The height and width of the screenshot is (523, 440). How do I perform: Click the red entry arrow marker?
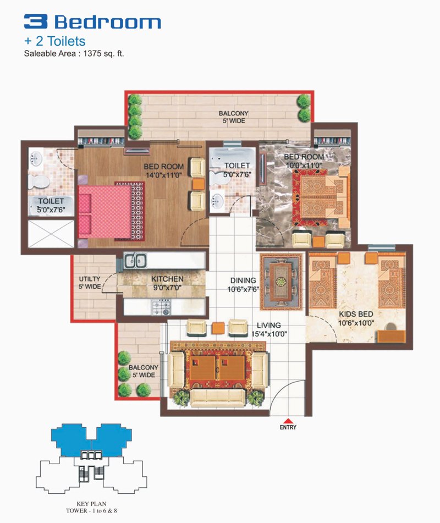288,421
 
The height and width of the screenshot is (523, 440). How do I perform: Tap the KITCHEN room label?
167,279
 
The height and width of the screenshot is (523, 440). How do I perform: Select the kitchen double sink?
135,260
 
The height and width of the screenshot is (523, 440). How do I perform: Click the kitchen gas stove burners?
162,307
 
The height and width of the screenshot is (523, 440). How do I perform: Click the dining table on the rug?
280,281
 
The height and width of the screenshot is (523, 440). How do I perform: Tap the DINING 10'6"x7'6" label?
243,285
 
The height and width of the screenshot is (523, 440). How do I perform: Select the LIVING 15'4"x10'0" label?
269,329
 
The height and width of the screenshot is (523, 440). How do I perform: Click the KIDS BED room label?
356,314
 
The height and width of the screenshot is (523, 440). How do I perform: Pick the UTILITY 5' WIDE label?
90,283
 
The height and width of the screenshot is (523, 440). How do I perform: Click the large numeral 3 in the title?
35,21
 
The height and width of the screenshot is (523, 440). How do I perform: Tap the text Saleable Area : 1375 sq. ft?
74,53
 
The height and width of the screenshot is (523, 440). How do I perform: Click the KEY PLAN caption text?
91,504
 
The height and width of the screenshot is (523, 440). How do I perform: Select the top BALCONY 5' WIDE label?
234,117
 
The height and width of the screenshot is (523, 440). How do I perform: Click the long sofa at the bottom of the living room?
218,398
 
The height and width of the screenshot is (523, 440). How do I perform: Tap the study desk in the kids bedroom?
391,336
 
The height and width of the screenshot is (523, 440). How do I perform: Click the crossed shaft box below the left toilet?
51,234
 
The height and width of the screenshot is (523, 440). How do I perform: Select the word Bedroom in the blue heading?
107,22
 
